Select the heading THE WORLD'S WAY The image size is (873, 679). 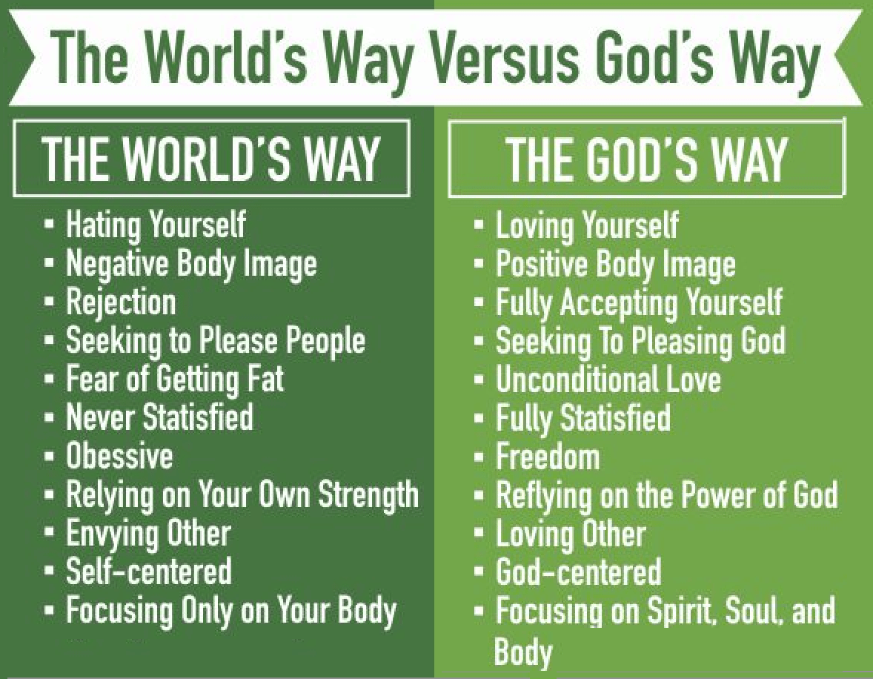(x=211, y=158)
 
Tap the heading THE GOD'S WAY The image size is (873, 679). (x=645, y=159)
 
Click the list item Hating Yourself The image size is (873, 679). (x=155, y=225)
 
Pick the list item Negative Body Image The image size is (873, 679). (x=190, y=263)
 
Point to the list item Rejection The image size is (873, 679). (x=120, y=302)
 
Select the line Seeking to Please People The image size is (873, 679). (x=215, y=340)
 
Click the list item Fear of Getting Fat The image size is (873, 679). (x=174, y=379)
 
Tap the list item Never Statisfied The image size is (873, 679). (x=159, y=417)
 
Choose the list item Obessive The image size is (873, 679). (x=119, y=456)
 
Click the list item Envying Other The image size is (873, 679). (x=148, y=534)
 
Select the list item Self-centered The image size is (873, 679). (x=148, y=572)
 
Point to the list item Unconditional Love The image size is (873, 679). (x=608, y=380)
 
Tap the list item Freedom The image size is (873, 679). (x=547, y=457)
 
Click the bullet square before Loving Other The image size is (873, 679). (x=479, y=534)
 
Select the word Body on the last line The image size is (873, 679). (x=523, y=652)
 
